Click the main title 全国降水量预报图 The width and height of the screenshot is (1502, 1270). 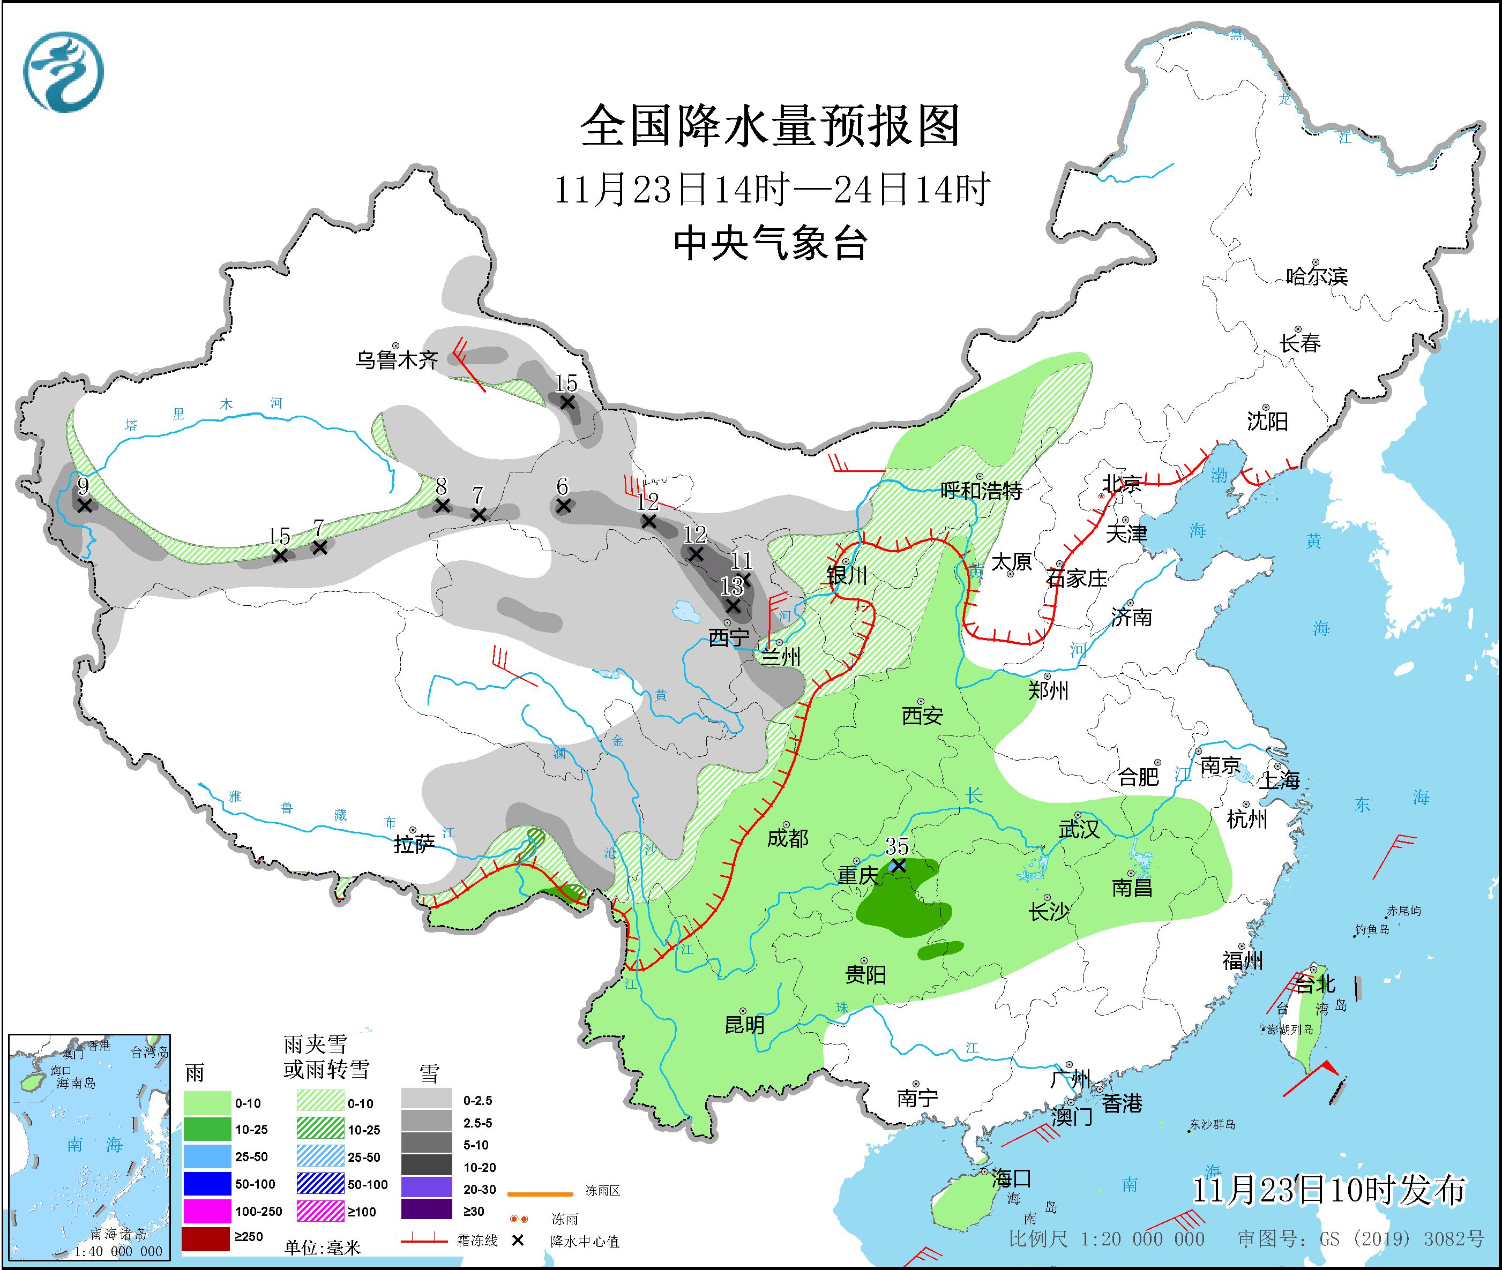click(769, 126)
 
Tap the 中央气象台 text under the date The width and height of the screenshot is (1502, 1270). click(769, 243)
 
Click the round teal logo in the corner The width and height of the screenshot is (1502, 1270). click(63, 72)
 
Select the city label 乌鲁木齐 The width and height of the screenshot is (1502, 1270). click(396, 359)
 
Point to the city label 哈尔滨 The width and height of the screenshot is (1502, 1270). click(1316, 276)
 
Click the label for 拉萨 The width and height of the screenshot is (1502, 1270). click(414, 844)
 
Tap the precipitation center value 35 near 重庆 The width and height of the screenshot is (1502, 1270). click(897, 846)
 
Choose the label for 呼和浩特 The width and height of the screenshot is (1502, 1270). click(981, 491)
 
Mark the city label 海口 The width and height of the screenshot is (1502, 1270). click(1011, 1178)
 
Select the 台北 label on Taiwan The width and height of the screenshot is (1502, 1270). click(1316, 983)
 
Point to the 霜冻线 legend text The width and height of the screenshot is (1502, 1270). click(477, 1241)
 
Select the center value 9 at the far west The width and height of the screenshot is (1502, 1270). click(84, 487)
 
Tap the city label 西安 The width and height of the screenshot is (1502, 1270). click(922, 716)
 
